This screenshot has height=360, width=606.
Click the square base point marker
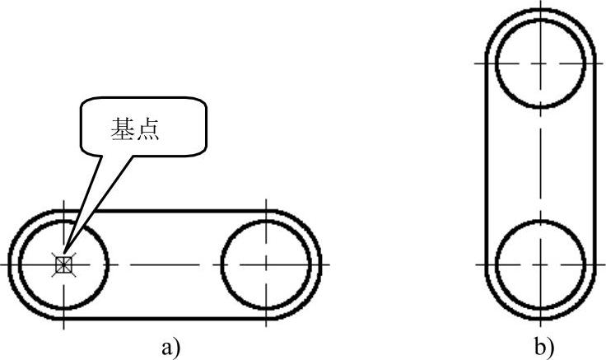(63, 264)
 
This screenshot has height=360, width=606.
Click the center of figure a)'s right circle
(266, 264)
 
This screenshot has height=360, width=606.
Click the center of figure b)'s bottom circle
(541, 264)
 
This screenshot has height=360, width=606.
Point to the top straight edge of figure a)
(181, 210)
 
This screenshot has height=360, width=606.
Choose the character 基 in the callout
(123, 131)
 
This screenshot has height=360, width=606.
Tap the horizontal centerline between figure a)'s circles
(165, 264)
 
